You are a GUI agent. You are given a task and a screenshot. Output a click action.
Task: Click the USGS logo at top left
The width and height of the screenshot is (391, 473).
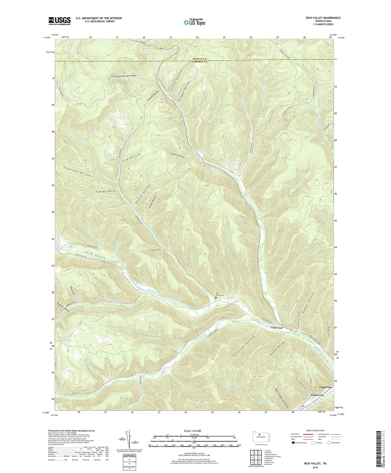(x=60, y=21)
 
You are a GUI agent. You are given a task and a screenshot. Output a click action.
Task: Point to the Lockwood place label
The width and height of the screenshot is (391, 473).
(x=276, y=328)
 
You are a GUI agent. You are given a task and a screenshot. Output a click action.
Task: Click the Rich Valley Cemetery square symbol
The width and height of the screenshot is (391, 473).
(x=216, y=298)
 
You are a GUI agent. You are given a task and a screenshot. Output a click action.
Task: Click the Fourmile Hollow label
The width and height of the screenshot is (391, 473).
(x=178, y=157)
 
